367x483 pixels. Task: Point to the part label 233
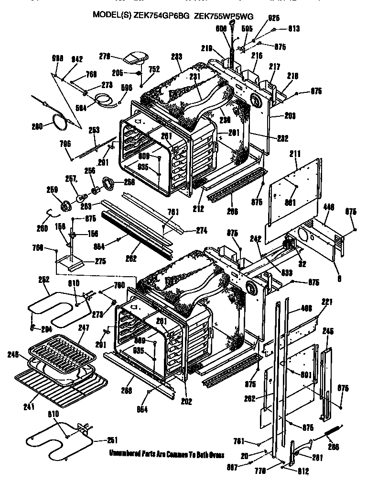coord(176,56)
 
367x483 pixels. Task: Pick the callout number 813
coord(293,29)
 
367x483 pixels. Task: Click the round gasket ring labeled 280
coord(59,123)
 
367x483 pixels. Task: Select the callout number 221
coord(326,302)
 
